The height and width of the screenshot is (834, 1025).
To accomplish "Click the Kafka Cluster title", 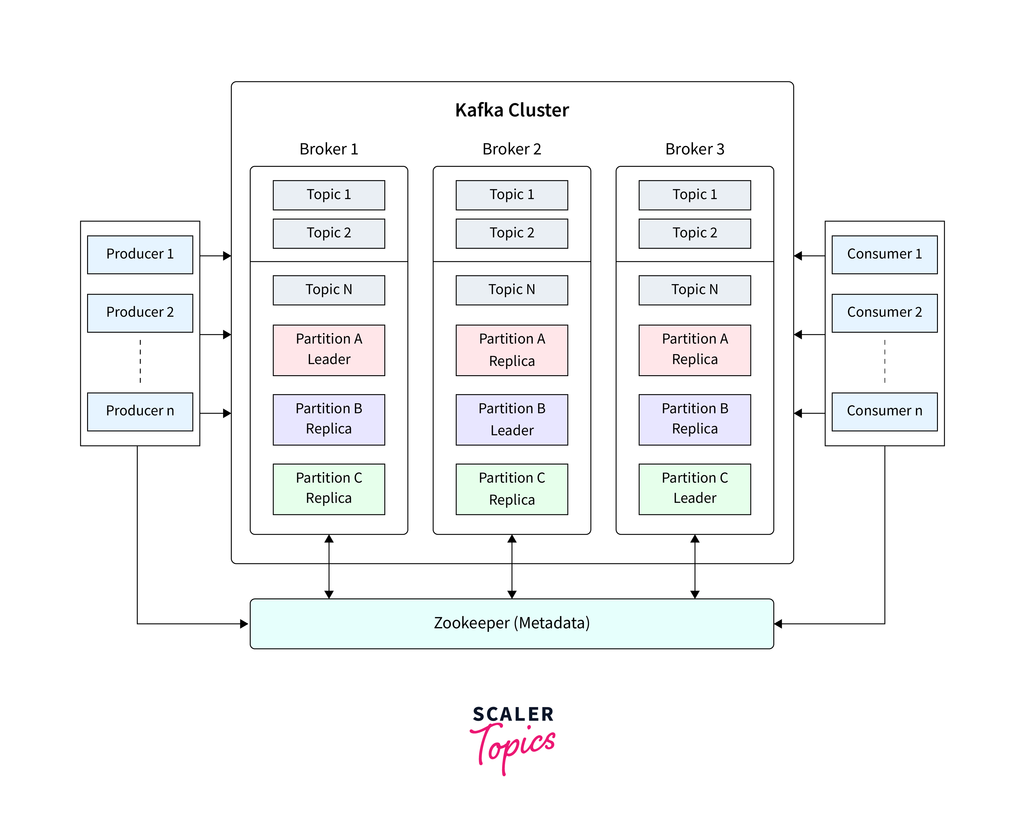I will point(512,110).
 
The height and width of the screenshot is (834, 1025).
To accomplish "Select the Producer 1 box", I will point(140,254).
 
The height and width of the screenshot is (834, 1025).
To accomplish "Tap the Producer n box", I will point(140,411).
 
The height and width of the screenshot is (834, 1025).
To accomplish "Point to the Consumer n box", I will point(884,411).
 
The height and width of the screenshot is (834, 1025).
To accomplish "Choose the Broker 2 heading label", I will point(512,149).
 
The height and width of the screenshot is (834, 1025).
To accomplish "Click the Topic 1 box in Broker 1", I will point(329,195).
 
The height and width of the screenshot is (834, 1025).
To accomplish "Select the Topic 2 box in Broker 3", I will point(695,233).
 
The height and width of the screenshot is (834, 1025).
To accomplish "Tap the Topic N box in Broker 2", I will point(512,290).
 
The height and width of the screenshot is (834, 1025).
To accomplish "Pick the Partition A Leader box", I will point(329,350).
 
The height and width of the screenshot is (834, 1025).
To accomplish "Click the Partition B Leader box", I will point(512,419).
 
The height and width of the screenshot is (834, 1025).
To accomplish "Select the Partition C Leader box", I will point(695,489).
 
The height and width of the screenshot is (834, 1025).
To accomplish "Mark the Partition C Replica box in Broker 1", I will point(329,489).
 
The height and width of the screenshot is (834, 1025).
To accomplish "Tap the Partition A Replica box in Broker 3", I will point(695,350).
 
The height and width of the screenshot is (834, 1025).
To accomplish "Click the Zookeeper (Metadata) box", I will point(512,623).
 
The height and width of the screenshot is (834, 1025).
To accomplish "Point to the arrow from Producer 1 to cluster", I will point(215,256).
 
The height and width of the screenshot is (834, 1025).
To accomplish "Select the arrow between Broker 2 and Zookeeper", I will point(512,567).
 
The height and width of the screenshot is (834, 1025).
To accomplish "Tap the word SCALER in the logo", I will point(513,714).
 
